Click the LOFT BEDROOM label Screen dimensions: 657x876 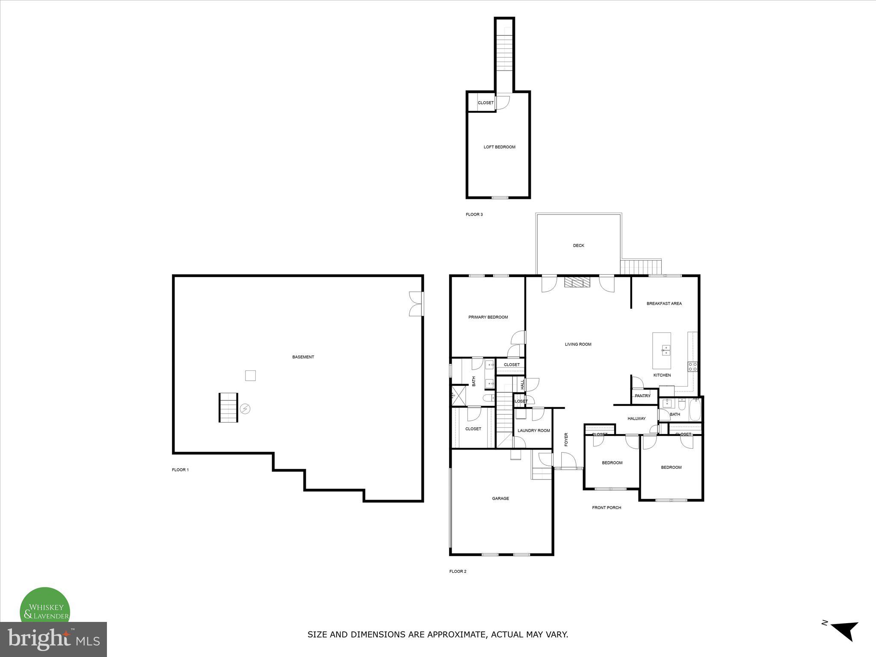click(499, 147)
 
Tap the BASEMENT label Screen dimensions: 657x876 click(303, 357)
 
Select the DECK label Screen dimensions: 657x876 click(578, 246)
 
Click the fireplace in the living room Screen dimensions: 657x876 click(577, 282)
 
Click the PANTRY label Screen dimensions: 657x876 click(642, 396)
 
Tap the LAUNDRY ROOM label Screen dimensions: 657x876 click(533, 431)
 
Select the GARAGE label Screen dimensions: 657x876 click(500, 499)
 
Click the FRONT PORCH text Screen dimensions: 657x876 click(606, 508)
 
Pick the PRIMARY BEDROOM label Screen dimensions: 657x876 click(488, 317)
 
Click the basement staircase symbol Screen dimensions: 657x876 click(228, 408)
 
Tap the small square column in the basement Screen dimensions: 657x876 click(250, 376)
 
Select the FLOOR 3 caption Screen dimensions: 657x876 click(474, 215)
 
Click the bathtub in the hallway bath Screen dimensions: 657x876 click(695, 410)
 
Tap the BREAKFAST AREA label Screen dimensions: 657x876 click(664, 304)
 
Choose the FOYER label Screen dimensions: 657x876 click(566, 439)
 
